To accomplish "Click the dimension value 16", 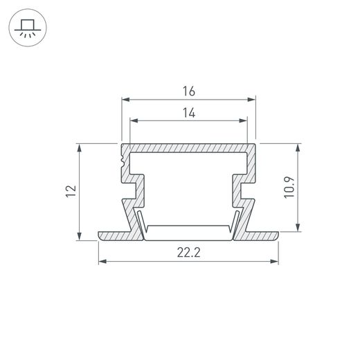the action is (189, 91).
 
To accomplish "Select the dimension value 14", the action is (189, 113).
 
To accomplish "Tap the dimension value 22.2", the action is (189, 252).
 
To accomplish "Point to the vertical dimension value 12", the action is (71, 190).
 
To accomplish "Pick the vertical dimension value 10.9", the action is (289, 188).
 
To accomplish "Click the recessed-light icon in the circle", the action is (28, 28).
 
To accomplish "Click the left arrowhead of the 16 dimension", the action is (126, 100).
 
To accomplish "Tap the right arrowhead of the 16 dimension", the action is (251, 100).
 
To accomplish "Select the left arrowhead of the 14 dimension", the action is (134, 120).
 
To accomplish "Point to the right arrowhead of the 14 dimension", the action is (243, 120).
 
